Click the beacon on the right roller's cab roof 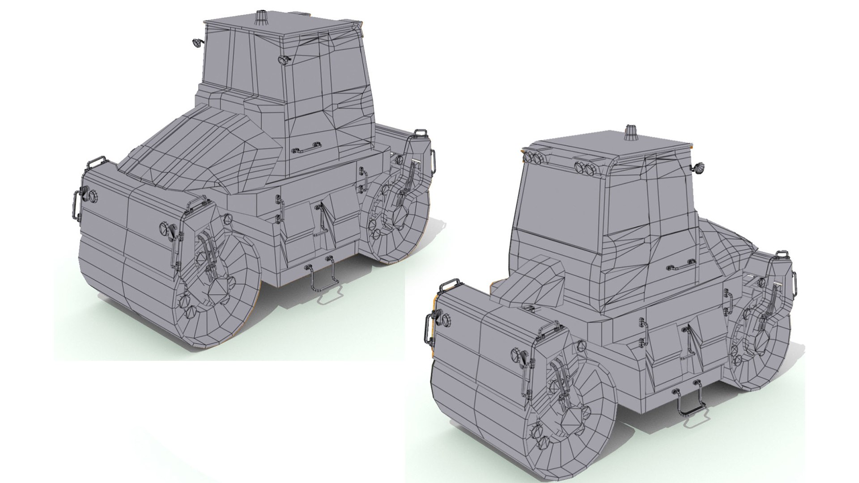(x=631, y=133)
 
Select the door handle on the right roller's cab (x=680, y=266)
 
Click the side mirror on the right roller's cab (x=698, y=168)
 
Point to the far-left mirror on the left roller (x=196, y=42)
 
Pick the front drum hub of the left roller (x=219, y=286)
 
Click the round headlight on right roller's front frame (x=446, y=318)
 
